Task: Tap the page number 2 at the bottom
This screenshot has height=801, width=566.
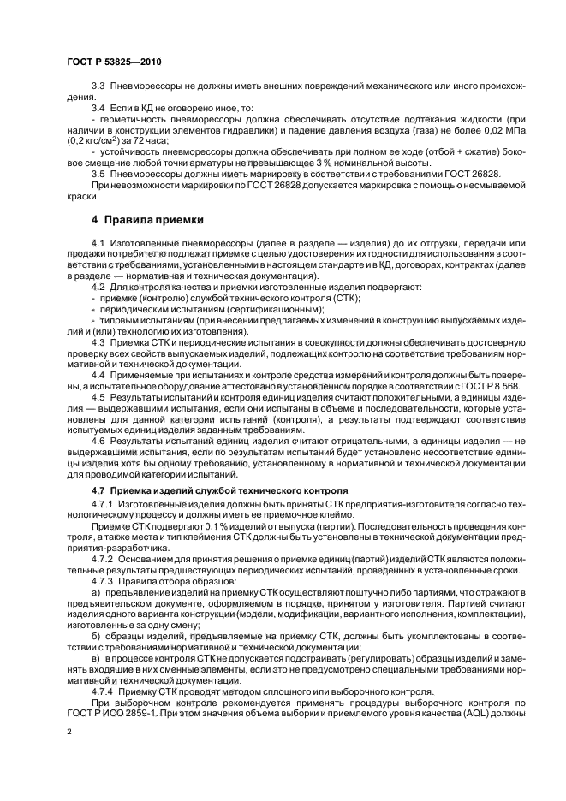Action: click(x=69, y=732)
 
